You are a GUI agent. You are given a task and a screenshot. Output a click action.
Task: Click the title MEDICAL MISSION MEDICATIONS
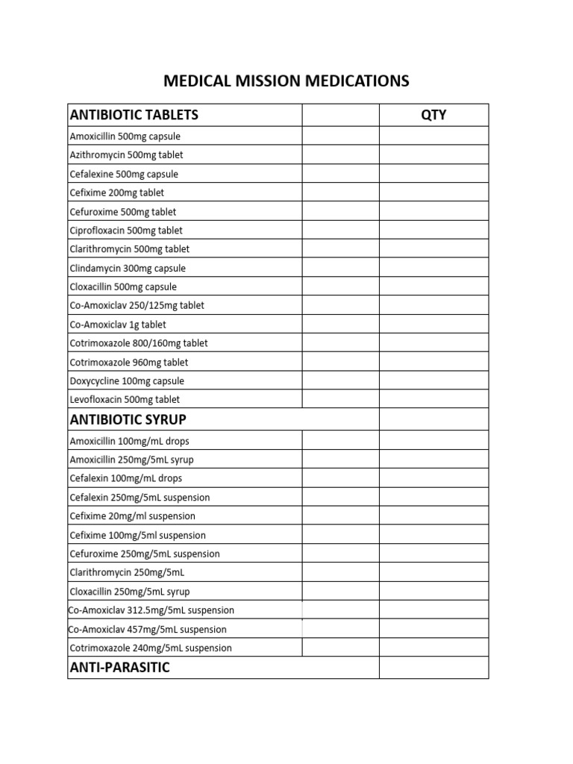point(286,81)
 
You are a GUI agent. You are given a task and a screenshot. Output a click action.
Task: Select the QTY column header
point(433,115)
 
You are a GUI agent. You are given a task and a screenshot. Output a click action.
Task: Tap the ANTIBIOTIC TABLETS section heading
point(134,115)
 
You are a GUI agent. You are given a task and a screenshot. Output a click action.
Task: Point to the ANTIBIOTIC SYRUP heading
point(128,419)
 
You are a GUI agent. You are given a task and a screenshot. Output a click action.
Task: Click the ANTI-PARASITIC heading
point(119,667)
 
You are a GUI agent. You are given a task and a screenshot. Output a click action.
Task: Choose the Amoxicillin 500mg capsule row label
point(125,137)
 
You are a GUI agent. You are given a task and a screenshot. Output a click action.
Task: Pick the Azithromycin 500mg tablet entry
point(126,155)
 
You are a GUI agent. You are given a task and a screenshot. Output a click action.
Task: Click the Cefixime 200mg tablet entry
point(116,192)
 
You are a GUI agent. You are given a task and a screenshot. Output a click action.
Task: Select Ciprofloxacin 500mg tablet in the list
point(126,231)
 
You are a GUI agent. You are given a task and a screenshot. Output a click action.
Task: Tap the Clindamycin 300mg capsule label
point(128,268)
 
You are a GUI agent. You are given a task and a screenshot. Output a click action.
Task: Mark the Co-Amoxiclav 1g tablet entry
point(118,325)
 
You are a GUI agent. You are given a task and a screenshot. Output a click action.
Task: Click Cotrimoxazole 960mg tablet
point(129,363)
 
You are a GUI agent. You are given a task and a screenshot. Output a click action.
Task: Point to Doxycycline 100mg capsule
point(127,381)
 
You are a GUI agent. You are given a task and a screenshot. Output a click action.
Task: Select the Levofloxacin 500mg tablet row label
point(125,400)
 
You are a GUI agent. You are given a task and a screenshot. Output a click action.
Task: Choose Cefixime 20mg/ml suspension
point(132,516)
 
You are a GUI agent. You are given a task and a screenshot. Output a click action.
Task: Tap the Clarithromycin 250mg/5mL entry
point(126,572)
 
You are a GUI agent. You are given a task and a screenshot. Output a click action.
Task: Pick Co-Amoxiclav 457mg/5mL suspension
point(147,629)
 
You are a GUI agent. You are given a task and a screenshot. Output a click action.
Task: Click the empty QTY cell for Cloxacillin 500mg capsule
point(433,286)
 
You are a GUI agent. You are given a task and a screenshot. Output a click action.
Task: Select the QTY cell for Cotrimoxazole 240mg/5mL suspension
point(433,648)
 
